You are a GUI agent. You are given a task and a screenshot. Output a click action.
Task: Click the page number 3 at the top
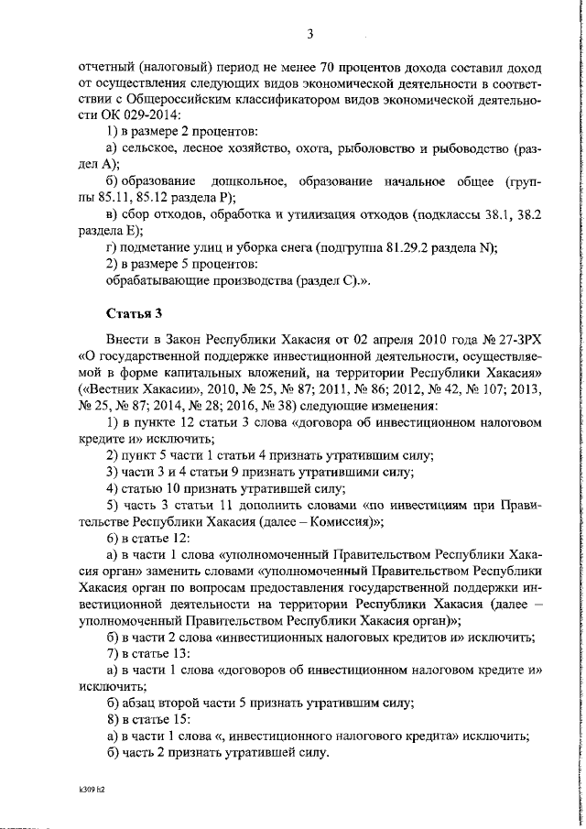coord(309,35)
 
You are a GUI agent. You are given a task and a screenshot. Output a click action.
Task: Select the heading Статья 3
coord(135,312)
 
